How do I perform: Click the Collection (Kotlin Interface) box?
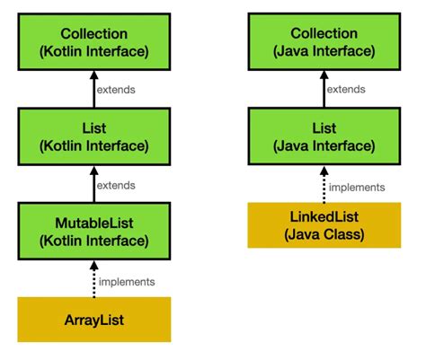coord(93,40)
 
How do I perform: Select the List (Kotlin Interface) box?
coord(93,135)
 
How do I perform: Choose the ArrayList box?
coord(93,320)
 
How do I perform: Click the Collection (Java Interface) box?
coord(324,40)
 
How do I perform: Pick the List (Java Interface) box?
coord(324,135)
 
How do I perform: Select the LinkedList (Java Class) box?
coord(324,225)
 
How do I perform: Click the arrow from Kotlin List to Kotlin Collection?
coord(93,88)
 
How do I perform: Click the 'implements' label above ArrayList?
coord(127,281)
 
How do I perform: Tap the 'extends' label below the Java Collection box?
coord(345,90)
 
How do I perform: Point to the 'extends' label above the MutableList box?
coord(117,185)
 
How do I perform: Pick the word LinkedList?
coord(324,216)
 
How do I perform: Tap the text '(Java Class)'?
coord(324,234)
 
